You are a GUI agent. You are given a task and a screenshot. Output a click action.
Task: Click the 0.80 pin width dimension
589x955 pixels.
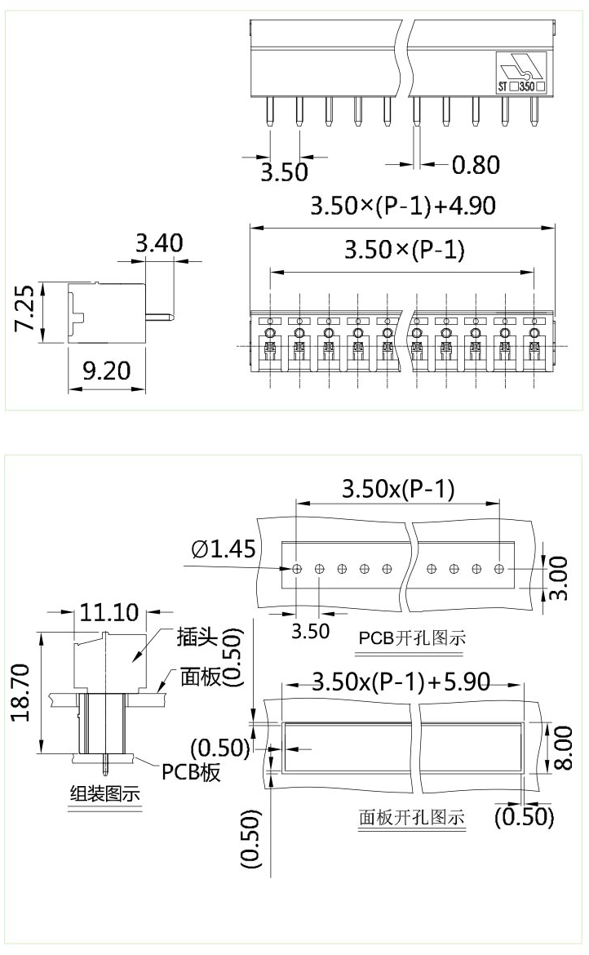click(475, 165)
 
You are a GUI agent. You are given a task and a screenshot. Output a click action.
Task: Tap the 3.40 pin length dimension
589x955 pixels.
click(159, 243)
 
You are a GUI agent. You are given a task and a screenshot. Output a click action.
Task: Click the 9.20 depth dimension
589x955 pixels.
click(107, 371)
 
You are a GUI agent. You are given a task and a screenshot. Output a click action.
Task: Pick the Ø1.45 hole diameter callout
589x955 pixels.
click(224, 549)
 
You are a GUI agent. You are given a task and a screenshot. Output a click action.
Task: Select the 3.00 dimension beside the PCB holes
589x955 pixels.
click(559, 579)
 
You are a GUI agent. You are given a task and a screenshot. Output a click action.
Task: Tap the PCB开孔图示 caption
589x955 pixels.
click(412, 637)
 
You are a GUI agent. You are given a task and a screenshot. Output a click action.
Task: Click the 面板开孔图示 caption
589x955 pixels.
click(412, 816)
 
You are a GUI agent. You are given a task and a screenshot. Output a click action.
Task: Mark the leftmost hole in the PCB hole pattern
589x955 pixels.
click(297, 567)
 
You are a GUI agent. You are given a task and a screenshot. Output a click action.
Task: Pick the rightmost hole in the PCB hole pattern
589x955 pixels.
click(498, 567)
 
